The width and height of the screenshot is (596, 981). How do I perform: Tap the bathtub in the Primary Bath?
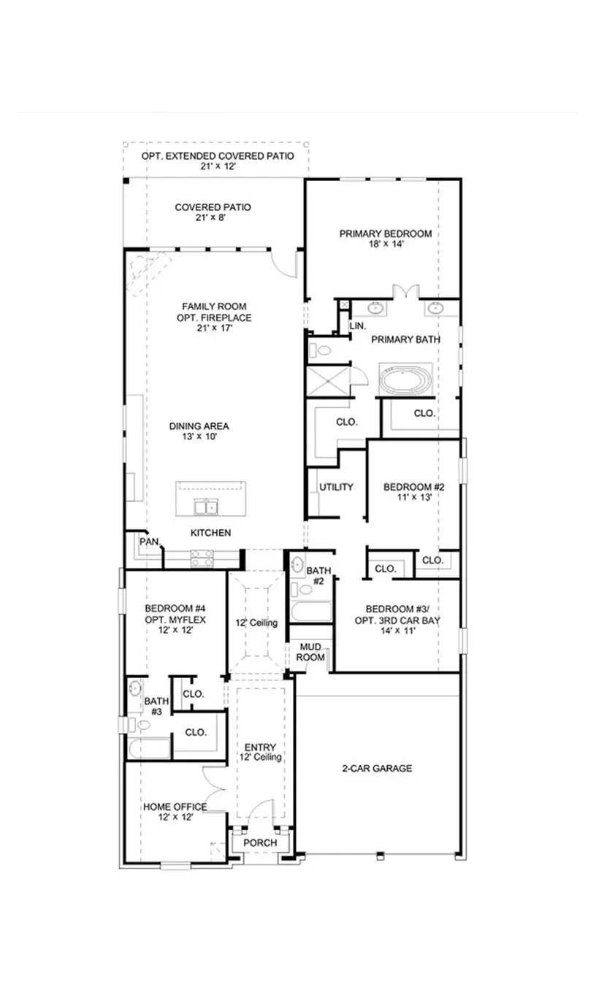click(405, 380)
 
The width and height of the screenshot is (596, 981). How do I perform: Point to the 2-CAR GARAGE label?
click(377, 768)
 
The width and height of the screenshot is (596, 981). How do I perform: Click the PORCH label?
click(260, 842)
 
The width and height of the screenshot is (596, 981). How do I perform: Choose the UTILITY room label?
click(336, 487)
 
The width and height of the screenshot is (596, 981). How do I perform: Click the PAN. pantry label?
click(150, 541)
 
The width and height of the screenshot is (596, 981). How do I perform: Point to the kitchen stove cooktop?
click(202, 558)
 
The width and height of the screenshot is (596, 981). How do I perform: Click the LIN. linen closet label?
click(357, 326)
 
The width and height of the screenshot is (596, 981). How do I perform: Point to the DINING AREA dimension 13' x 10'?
click(199, 436)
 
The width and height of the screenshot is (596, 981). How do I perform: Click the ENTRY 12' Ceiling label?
click(260, 753)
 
